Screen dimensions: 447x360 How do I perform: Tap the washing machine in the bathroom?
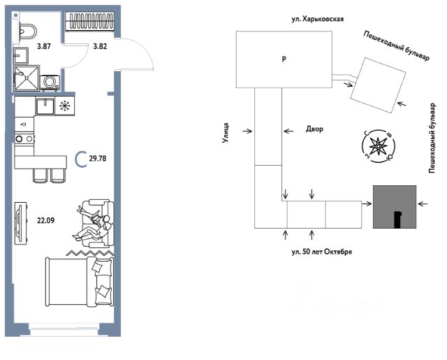pyautogui.click(x=50, y=82)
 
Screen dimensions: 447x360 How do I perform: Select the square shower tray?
pyautogui.click(x=27, y=78)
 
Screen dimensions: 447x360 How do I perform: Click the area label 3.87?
pyautogui.click(x=44, y=46)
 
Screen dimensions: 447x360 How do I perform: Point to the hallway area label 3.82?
pyautogui.click(x=100, y=46)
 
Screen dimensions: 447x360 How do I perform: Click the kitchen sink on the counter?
pyautogui.click(x=45, y=106)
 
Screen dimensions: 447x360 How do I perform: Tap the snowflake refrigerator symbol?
pyautogui.click(x=65, y=106)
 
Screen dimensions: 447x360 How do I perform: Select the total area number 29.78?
pyautogui.click(x=98, y=159)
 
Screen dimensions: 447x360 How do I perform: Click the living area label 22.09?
pyautogui.click(x=46, y=220)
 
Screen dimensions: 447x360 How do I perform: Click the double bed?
pyautogui.click(x=80, y=281)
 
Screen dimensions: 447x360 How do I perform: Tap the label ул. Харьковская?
pyautogui.click(x=318, y=19)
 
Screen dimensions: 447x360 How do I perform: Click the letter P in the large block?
pyautogui.click(x=284, y=59)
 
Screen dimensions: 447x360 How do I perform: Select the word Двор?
pyautogui.click(x=314, y=129)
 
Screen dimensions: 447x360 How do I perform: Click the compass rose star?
pyautogui.click(x=378, y=146)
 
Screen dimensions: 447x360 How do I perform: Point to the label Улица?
pyautogui.click(x=226, y=133)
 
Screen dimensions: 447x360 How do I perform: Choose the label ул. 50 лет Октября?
pyautogui.click(x=321, y=252)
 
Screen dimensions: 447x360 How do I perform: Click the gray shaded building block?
pyautogui.click(x=395, y=207)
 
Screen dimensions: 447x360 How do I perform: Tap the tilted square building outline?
pyautogui.click(x=378, y=85)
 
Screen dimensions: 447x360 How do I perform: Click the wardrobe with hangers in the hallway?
pyautogui.click(x=89, y=21)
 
